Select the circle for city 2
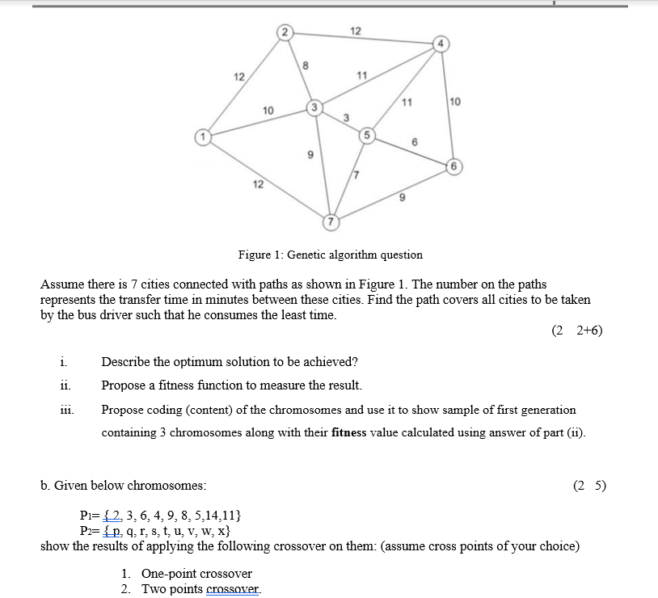pos(285,32)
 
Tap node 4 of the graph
pos(441,43)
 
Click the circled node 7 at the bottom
pos(331,221)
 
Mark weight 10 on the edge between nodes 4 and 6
pos(455,102)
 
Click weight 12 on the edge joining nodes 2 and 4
pos(356,31)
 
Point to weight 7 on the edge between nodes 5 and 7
pos(353,175)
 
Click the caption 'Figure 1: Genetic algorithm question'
pos(330,255)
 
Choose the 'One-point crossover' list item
pos(196,573)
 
